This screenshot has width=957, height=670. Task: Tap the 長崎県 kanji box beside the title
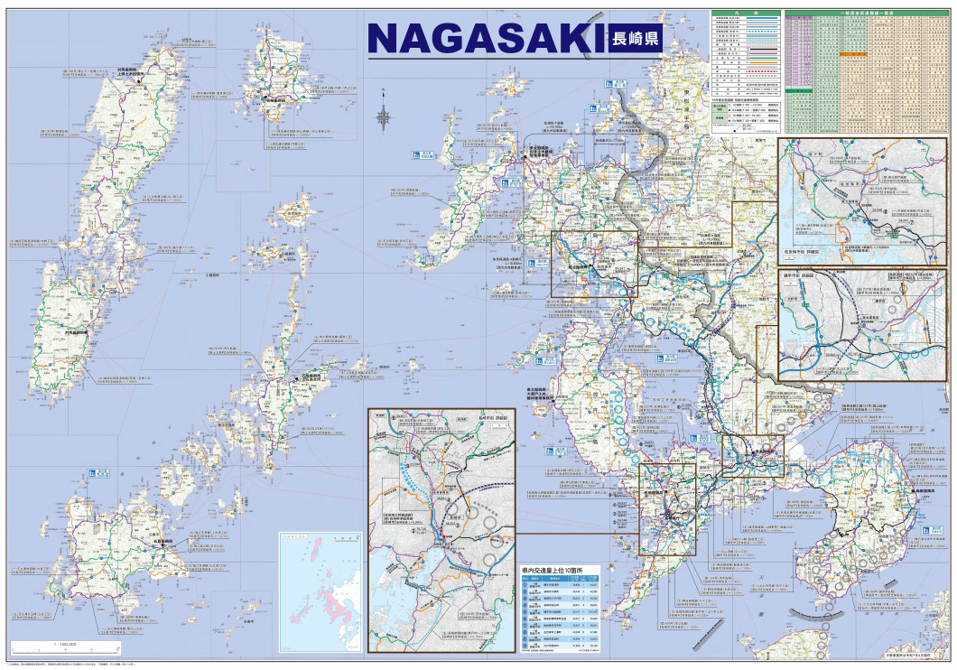[x=635, y=39]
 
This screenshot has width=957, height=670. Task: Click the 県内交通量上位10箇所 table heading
[x=553, y=572]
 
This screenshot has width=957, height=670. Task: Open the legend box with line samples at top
[x=746, y=72]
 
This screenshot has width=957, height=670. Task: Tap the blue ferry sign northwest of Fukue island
[x=93, y=474]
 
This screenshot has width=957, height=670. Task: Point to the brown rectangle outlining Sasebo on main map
[x=594, y=264]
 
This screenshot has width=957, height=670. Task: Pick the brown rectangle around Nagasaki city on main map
[x=667, y=508]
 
